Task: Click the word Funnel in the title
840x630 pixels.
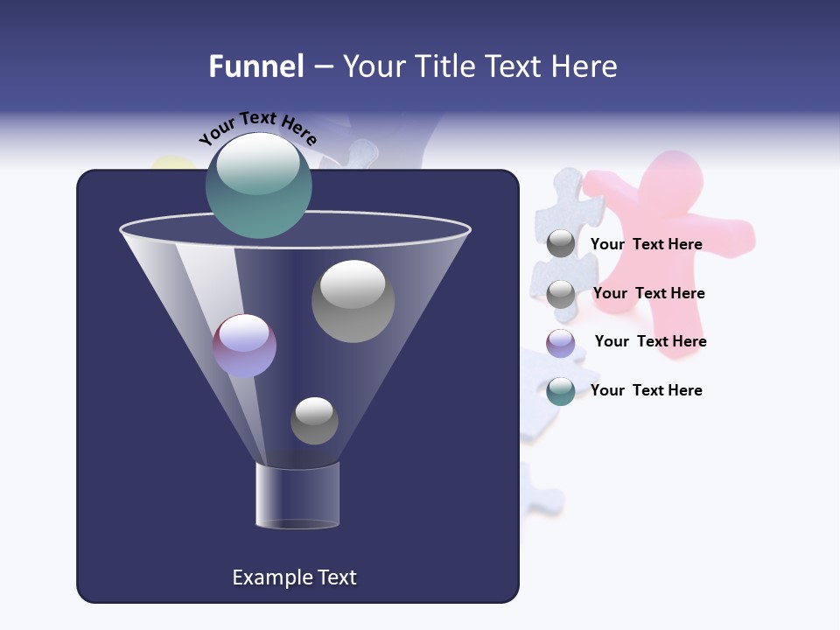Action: tap(256, 66)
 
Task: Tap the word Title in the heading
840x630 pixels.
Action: tap(444, 66)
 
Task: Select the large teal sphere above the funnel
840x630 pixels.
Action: tap(258, 185)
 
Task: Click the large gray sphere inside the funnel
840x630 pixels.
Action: tap(353, 301)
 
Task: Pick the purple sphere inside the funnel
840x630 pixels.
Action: tap(244, 346)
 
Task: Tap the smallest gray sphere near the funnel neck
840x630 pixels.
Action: tap(314, 421)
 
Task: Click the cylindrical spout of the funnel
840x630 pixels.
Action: tap(297, 495)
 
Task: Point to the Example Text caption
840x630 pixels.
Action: tap(294, 577)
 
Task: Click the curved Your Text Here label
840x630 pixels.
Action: tap(257, 128)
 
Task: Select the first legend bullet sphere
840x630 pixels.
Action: tap(561, 244)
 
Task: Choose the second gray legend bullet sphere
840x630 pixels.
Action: tap(561, 294)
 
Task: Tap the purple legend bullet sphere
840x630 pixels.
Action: tap(561, 342)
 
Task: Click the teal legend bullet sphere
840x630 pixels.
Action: tap(561, 391)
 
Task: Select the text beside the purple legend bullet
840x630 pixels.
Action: tap(650, 341)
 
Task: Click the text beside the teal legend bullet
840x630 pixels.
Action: tap(646, 390)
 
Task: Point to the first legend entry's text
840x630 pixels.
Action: tap(646, 244)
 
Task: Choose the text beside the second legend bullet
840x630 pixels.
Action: tap(648, 293)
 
